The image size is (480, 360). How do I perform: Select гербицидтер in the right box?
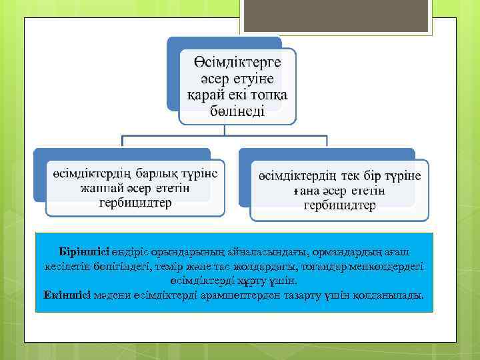[339, 205]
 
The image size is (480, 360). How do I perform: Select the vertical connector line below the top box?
[224, 131]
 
